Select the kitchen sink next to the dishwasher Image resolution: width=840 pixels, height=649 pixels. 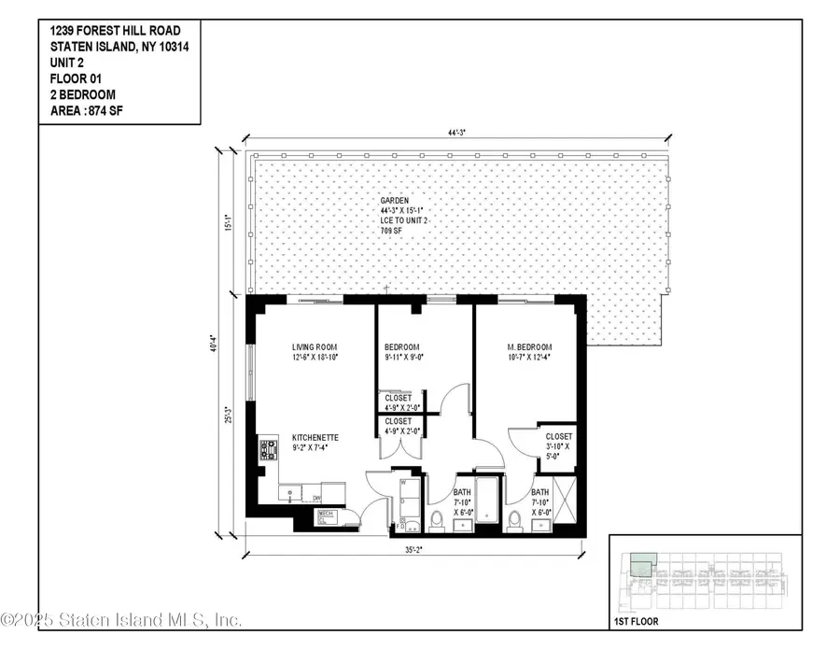(292, 492)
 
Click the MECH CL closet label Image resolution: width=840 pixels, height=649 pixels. (326, 515)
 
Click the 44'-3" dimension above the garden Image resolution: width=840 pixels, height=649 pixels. (455, 134)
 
